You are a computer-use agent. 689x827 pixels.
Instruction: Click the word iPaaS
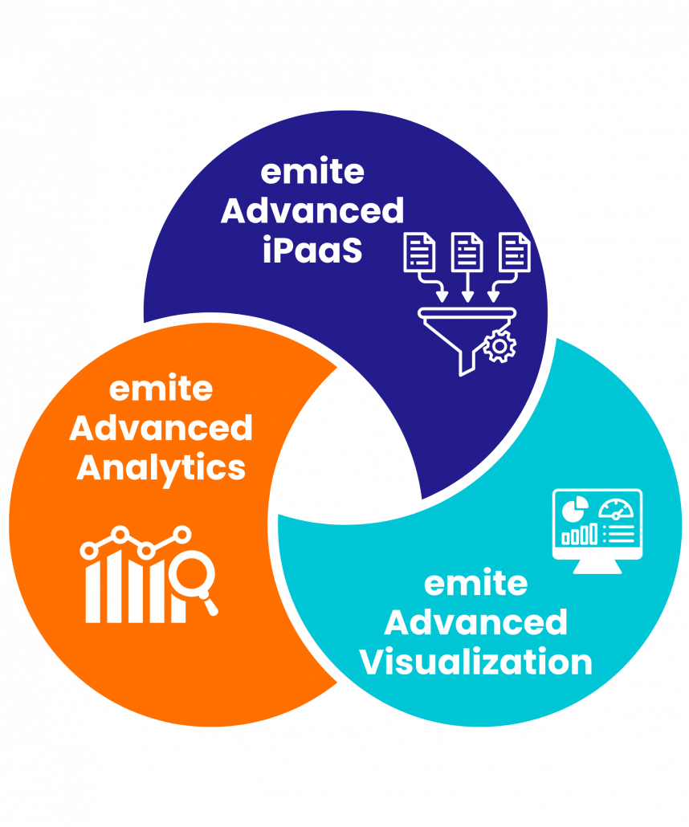tap(312, 251)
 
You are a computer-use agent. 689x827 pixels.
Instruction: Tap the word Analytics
tap(161, 467)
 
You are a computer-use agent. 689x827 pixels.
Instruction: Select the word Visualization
tap(475, 662)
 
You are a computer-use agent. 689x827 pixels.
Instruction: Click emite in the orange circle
tap(161, 389)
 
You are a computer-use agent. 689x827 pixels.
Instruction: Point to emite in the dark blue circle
tap(312, 171)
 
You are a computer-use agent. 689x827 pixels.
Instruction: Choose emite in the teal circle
tap(475, 583)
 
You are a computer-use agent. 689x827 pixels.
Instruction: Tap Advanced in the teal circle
tap(475, 622)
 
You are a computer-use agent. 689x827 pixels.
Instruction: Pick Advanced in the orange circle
tap(161, 428)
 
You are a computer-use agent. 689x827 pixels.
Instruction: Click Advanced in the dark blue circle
tap(312, 211)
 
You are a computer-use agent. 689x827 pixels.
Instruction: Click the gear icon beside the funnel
tap(500, 346)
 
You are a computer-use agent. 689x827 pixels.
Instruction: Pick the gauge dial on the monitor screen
tap(616, 509)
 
